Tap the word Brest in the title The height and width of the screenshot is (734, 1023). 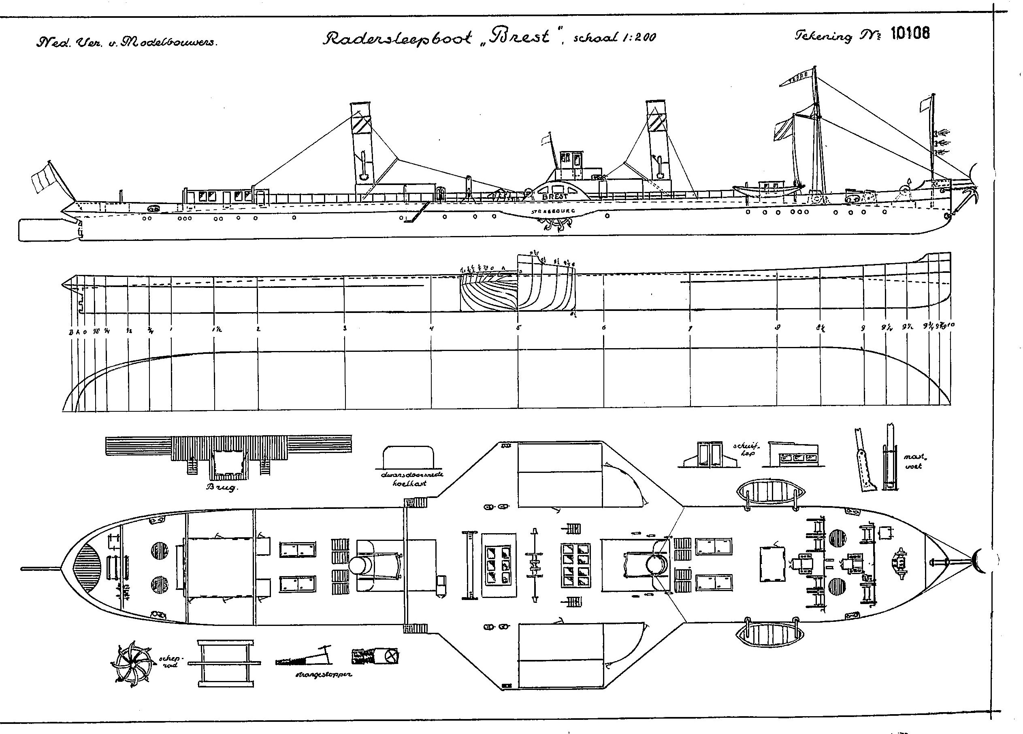(x=524, y=37)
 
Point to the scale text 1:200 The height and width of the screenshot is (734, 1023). (x=637, y=38)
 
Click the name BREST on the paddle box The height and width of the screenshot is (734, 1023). (x=555, y=197)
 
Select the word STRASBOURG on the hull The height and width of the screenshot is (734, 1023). (x=553, y=211)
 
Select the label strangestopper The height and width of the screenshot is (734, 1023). (x=324, y=674)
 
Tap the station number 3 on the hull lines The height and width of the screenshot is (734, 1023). (x=345, y=328)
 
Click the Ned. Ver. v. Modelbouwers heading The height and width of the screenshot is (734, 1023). (x=127, y=43)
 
